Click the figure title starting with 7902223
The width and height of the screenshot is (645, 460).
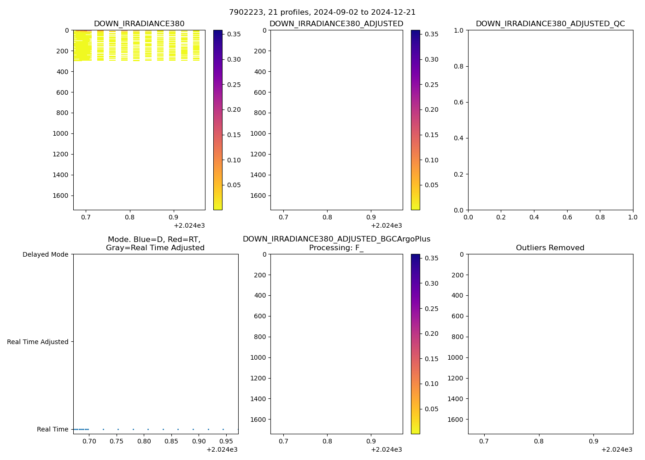[322, 12]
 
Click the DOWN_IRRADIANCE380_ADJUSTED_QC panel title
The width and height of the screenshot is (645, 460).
[550, 24]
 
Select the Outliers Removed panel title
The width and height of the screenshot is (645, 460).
[550, 248]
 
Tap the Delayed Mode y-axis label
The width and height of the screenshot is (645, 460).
[45, 254]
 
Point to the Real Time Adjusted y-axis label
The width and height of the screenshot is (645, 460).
[38, 342]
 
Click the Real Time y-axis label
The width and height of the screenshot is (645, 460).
[53, 429]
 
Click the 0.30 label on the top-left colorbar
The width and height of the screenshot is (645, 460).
[234, 59]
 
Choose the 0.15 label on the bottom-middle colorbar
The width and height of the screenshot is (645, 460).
[431, 359]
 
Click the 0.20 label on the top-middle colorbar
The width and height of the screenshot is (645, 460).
[431, 109]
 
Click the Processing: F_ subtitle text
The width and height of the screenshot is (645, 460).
[336, 248]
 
